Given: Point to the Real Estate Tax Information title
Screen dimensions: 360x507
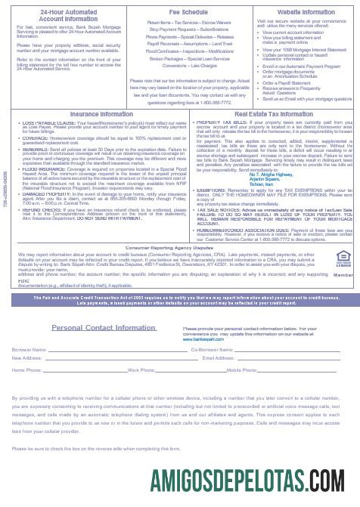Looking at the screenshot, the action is pyautogui.click(x=266, y=114).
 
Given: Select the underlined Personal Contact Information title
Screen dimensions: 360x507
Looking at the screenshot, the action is pyautogui.click(x=104, y=328).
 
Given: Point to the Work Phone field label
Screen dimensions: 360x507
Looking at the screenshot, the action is pyautogui.click(x=141, y=370).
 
